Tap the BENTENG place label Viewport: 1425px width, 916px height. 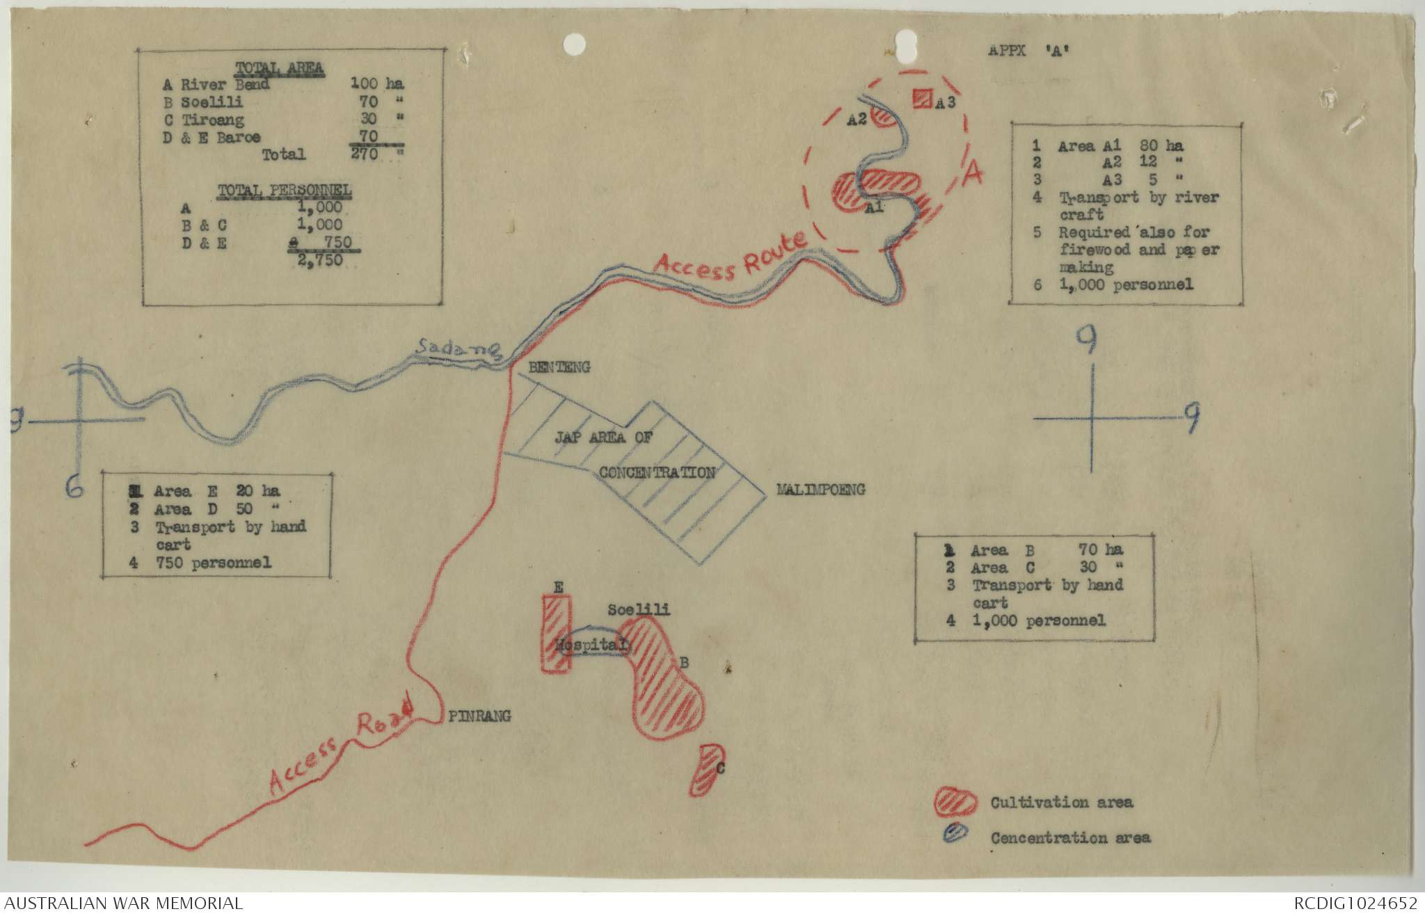(x=559, y=367)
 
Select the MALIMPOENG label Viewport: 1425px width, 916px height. (x=821, y=490)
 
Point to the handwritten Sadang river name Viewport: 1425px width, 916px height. (x=459, y=348)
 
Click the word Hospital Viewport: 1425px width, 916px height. (x=590, y=645)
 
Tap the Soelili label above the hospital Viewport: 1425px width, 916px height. (x=639, y=610)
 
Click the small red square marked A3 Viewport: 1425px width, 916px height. (x=923, y=98)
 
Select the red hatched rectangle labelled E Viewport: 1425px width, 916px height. (x=557, y=634)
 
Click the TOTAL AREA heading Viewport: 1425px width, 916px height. (x=279, y=68)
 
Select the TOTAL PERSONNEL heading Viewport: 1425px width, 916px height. (x=285, y=190)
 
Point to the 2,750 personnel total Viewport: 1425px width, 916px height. (x=320, y=260)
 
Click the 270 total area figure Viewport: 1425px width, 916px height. (x=365, y=154)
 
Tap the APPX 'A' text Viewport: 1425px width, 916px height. (x=1028, y=51)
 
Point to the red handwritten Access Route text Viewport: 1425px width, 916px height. (x=731, y=256)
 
